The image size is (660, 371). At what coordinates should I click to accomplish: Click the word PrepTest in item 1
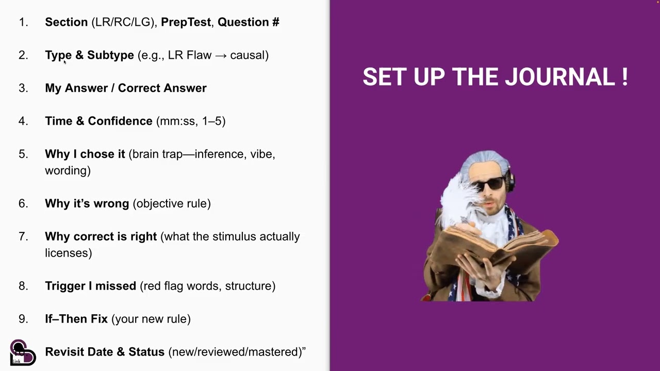[186, 22]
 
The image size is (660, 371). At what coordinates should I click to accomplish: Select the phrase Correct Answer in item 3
[162, 88]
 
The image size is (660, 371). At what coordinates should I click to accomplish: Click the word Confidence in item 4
[120, 121]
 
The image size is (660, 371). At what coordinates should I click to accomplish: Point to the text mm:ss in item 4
[176, 121]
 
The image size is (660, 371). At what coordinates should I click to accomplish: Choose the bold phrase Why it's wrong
[87, 204]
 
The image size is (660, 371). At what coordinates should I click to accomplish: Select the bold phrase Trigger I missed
[90, 286]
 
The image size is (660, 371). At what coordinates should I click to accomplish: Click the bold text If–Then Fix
[76, 319]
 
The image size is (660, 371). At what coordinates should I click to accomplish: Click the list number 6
[23, 204]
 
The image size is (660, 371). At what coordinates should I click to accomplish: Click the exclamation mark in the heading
[624, 77]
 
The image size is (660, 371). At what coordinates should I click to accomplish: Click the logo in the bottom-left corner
[22, 353]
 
